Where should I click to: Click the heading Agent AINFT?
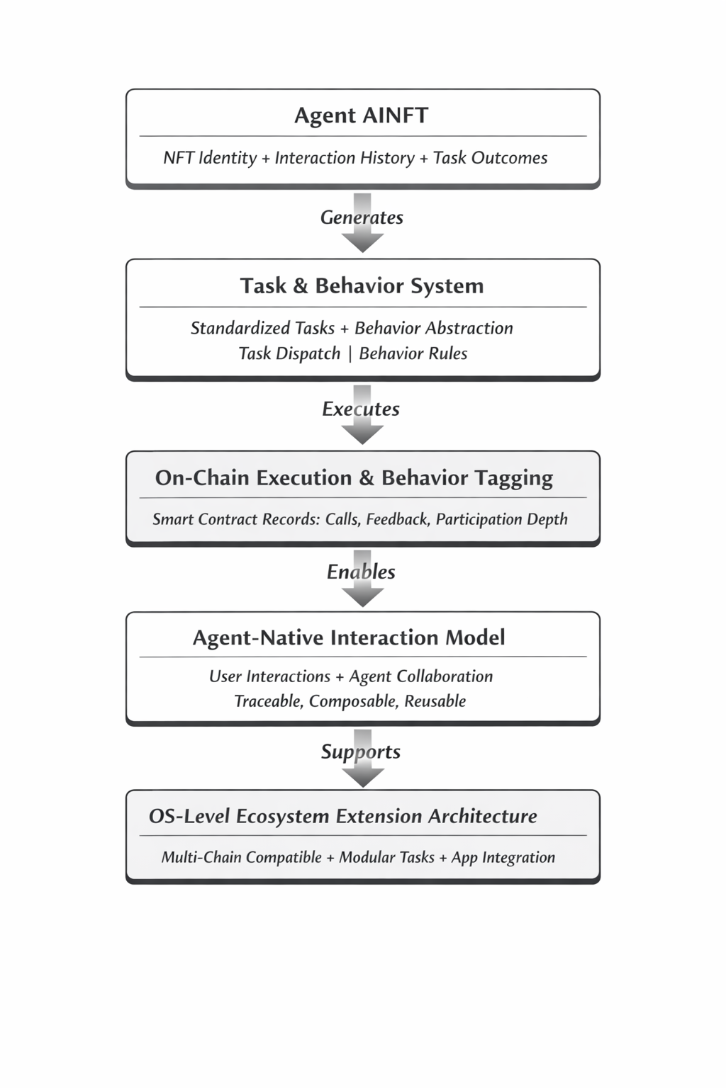click(361, 115)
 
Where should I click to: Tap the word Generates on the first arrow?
click(362, 217)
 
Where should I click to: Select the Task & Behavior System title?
click(362, 285)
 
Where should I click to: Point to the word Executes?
click(361, 409)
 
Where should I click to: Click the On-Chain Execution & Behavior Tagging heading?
click(354, 477)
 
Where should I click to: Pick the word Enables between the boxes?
click(361, 572)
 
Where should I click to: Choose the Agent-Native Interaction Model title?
click(349, 637)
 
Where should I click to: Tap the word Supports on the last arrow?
click(361, 752)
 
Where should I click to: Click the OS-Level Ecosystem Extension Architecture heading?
click(342, 816)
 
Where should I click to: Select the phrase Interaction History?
click(345, 158)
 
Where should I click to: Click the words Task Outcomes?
click(490, 158)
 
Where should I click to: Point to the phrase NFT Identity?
click(210, 158)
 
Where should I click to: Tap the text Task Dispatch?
click(289, 353)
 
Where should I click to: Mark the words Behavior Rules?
click(413, 353)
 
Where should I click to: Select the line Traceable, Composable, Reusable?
click(350, 701)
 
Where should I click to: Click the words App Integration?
click(503, 857)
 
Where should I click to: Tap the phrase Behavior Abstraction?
click(433, 328)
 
